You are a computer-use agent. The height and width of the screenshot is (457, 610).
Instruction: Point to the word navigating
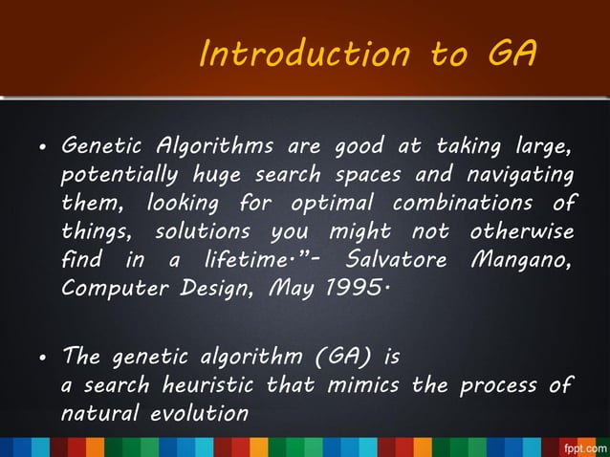click(x=517, y=177)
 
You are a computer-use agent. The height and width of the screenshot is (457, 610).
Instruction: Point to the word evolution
click(x=204, y=414)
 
